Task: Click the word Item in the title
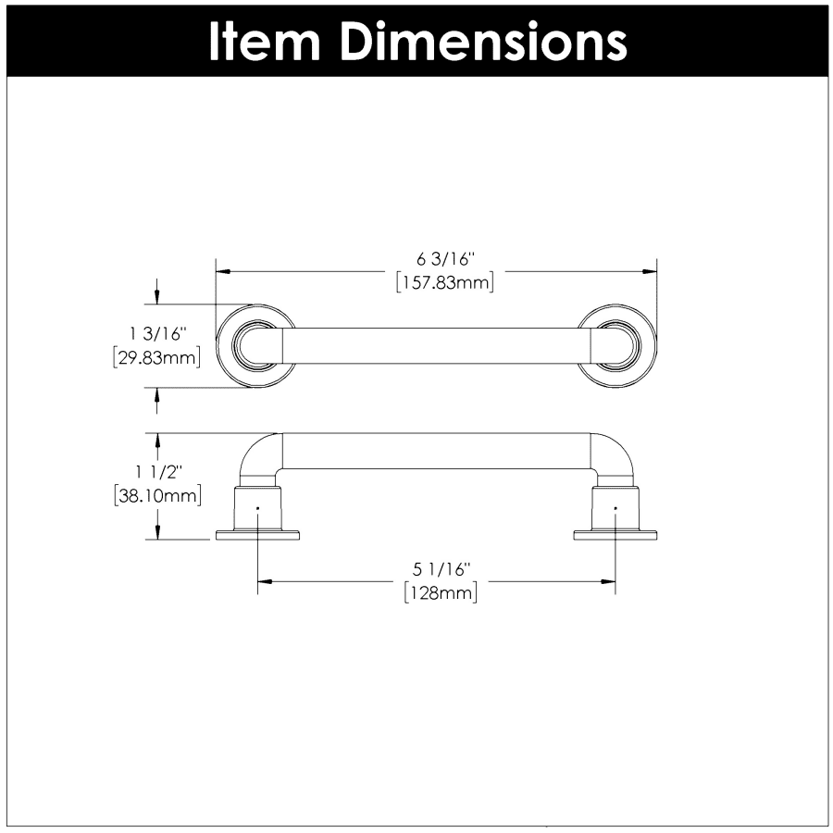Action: [x=265, y=43]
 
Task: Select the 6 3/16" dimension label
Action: [x=445, y=259]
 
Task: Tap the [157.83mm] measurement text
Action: [x=445, y=282]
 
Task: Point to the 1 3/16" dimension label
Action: [x=158, y=334]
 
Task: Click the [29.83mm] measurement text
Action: [x=157, y=357]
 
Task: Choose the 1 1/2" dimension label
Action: [x=158, y=472]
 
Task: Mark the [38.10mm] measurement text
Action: [x=157, y=496]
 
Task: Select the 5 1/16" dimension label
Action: [x=442, y=569]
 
